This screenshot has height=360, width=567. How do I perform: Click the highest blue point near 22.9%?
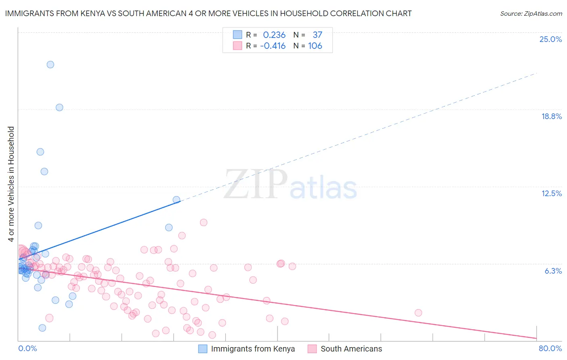(x=50, y=65)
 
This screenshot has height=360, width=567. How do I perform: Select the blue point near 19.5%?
(x=59, y=107)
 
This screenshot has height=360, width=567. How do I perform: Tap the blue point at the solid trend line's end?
(x=176, y=200)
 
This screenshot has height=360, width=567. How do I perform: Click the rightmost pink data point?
(x=418, y=313)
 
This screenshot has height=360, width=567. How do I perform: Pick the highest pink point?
(x=204, y=222)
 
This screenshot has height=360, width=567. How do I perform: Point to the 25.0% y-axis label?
(x=550, y=39)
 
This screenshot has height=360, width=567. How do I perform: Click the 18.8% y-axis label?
(x=551, y=116)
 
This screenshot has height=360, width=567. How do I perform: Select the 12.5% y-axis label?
(x=551, y=193)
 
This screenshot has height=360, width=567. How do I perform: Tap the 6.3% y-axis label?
(x=553, y=271)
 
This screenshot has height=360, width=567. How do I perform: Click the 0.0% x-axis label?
(x=27, y=348)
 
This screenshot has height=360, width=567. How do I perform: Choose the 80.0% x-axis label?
(x=550, y=348)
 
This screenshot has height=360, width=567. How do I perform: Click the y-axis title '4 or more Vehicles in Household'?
(x=11, y=184)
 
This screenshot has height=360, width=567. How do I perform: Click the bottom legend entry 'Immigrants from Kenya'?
(x=252, y=349)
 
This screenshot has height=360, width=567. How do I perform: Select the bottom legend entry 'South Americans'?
(x=351, y=349)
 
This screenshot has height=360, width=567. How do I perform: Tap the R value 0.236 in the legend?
(x=274, y=35)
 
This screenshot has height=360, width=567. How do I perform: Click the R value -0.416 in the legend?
(x=273, y=46)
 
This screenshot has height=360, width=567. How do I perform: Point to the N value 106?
(x=315, y=46)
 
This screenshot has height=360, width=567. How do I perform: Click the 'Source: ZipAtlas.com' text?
(x=531, y=14)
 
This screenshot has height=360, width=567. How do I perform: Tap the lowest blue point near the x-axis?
(x=42, y=328)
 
